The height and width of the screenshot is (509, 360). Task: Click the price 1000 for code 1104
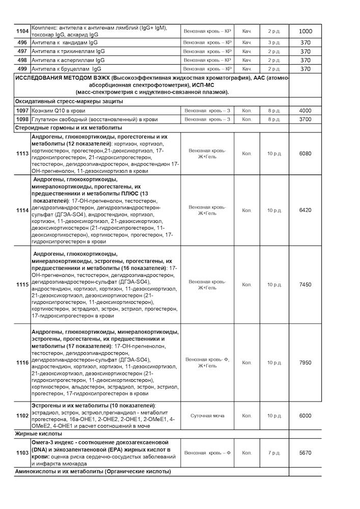306,32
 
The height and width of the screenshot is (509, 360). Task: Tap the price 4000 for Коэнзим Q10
306,110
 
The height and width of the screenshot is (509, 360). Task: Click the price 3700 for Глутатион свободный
306,119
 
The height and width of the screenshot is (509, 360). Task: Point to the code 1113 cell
22,154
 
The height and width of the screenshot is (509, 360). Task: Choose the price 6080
306,154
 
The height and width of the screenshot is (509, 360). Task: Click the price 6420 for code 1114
306,210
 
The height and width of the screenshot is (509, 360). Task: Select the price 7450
306,285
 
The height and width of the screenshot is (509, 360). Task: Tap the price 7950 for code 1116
306,362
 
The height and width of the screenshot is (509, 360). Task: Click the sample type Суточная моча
207,416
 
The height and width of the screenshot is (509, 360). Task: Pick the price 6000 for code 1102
306,416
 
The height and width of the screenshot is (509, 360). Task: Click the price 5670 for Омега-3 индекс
306,453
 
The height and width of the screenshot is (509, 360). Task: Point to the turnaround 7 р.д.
274,453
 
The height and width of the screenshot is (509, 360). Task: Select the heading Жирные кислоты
38,434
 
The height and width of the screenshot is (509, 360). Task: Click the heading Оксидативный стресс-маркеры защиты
69,101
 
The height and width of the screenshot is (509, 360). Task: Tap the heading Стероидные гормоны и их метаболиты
69,128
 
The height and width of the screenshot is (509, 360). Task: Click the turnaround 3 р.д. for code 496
274,43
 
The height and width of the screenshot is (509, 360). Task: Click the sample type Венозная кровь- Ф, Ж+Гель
207,362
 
